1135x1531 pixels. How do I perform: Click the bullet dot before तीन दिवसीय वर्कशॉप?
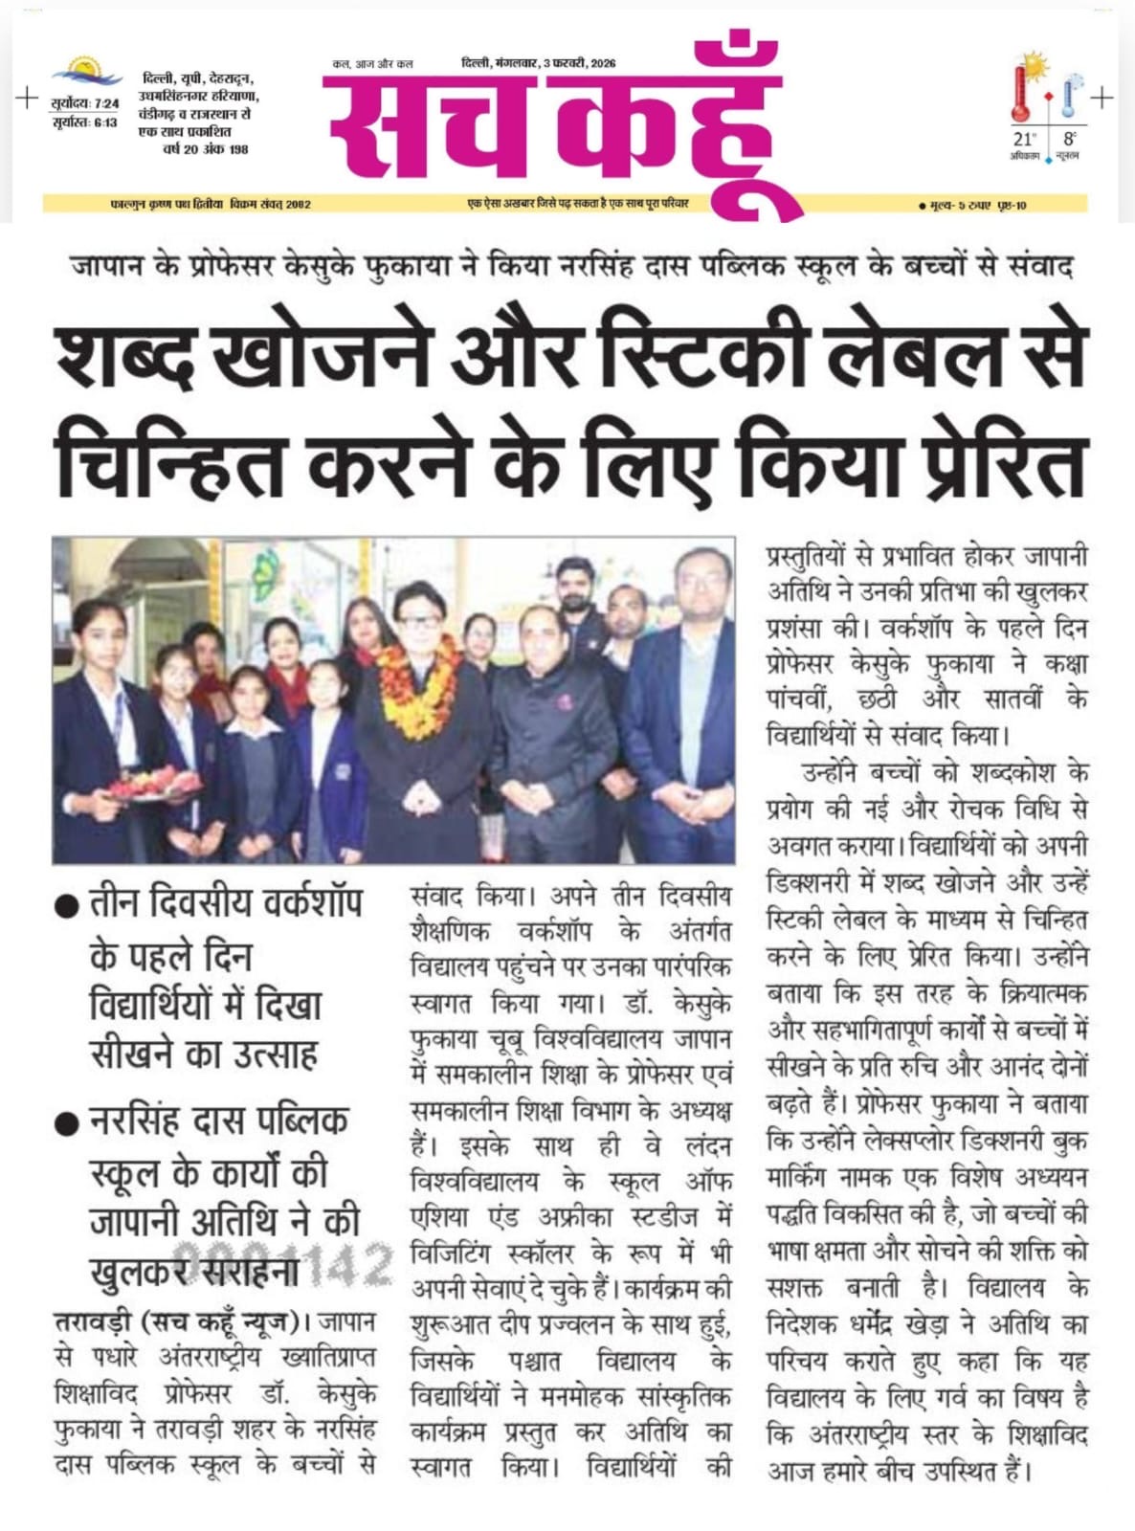[x=66, y=907]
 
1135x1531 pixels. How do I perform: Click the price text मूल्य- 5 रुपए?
[x=953, y=205]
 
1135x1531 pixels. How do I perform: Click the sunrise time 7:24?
[x=106, y=103]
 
